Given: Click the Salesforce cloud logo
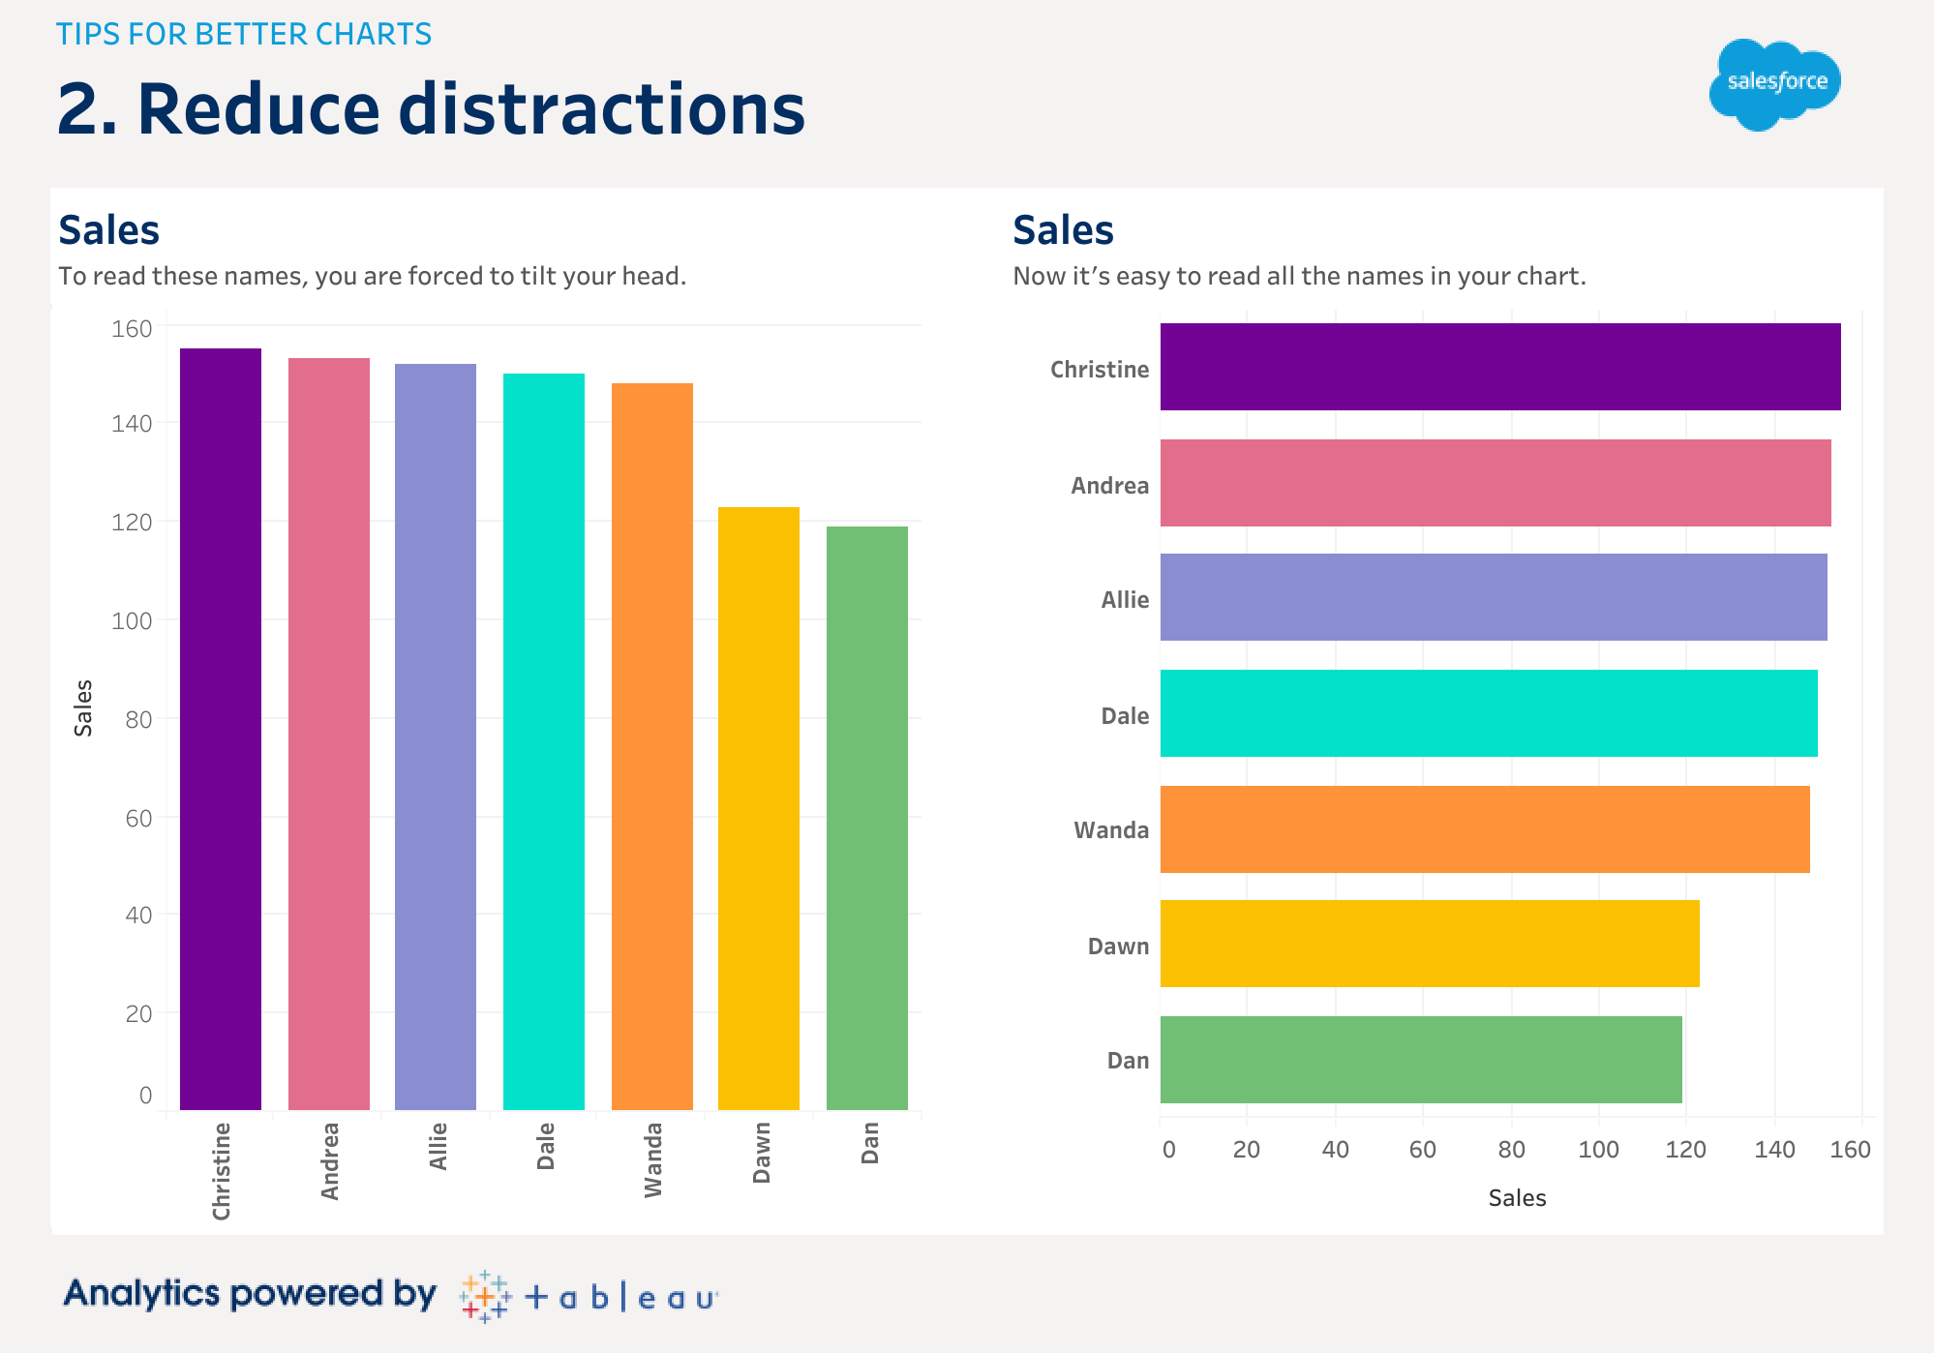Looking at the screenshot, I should click(x=1775, y=84).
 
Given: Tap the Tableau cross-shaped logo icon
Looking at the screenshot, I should click(x=485, y=1296).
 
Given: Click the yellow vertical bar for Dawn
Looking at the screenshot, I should click(x=759, y=808).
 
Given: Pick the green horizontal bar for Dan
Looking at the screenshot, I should click(x=1421, y=1060).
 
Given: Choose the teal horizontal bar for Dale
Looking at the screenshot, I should click(x=1489, y=713).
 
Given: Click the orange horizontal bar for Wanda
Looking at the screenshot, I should click(x=1485, y=829).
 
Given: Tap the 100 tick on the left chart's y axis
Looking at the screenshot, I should click(x=132, y=621).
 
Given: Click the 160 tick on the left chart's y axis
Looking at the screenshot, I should click(x=132, y=329).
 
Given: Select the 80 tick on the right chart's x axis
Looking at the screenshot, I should click(x=1511, y=1150).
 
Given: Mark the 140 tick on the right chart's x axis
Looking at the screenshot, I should click(x=1774, y=1150).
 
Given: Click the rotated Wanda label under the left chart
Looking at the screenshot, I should click(x=653, y=1159).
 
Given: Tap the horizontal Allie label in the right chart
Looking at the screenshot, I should click(x=1125, y=600).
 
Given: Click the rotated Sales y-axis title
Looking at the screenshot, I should click(x=83, y=707).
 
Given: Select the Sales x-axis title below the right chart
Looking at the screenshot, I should click(x=1517, y=1198).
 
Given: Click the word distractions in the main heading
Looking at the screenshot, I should click(x=601, y=108).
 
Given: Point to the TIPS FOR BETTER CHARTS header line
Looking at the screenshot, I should click(x=244, y=34).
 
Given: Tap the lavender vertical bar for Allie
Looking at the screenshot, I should click(x=436, y=737).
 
